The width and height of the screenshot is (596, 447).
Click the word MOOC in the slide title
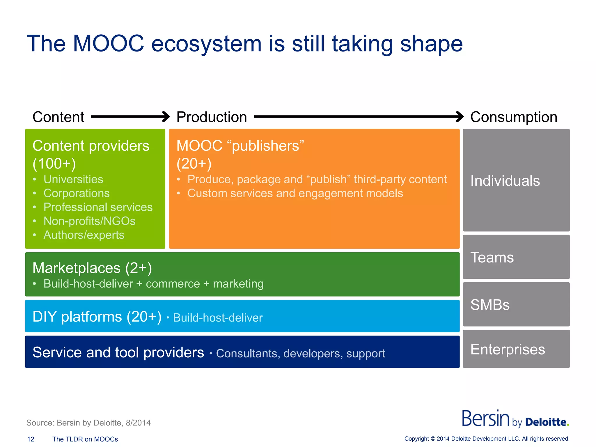tap(108, 44)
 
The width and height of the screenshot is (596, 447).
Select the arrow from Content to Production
tap(130, 117)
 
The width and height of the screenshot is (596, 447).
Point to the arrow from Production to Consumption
tap(359, 117)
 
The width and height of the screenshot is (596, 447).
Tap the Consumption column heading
tap(514, 117)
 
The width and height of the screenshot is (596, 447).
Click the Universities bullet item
tap(73, 179)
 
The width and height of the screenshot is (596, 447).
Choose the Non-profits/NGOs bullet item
tap(89, 221)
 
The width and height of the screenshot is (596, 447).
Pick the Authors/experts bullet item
tap(84, 235)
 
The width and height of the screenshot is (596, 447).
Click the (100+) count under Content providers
tap(54, 163)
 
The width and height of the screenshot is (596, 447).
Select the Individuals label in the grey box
tap(505, 181)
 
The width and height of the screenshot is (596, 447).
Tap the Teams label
tap(492, 258)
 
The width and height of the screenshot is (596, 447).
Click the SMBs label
tap(490, 305)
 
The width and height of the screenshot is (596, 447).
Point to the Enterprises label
tap(508, 349)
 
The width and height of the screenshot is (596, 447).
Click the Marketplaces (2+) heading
tap(92, 268)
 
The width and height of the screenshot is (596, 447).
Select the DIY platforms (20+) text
tap(97, 317)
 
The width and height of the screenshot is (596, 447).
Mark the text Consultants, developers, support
tap(300, 354)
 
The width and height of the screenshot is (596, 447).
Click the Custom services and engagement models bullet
tap(295, 194)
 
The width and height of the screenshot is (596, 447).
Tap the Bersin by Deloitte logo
tap(515, 419)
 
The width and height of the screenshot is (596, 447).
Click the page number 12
tap(31, 439)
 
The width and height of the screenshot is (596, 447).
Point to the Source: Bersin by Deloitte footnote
tap(88, 423)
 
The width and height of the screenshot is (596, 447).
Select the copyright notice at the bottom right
tap(487, 439)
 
